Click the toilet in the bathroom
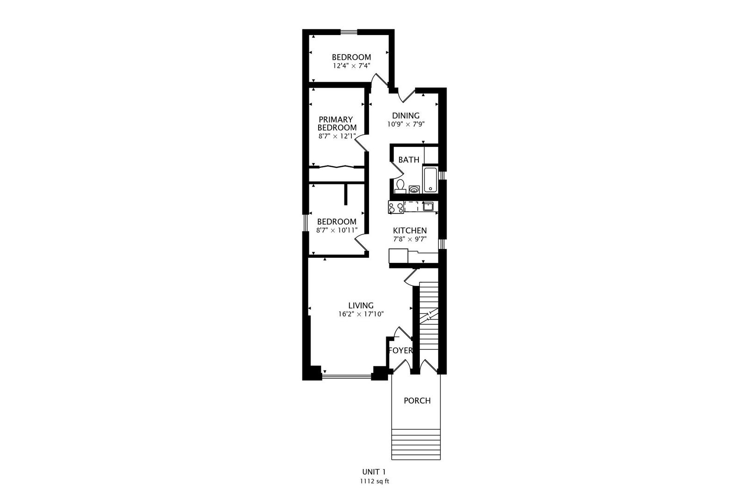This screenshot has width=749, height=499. click(x=400, y=187)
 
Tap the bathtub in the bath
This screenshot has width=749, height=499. click(x=430, y=180)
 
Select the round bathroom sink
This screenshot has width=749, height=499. click(x=414, y=189)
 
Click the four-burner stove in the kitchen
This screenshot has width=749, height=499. click(x=396, y=207)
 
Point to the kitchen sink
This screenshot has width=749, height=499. click(x=428, y=207)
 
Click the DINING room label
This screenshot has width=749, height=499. click(x=405, y=116)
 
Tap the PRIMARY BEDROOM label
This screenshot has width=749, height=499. click(x=337, y=123)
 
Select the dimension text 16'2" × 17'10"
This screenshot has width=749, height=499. click(x=361, y=314)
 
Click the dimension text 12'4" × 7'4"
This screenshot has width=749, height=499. click(x=351, y=66)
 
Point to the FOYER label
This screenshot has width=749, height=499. click(x=400, y=351)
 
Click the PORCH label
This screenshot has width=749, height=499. click(x=417, y=401)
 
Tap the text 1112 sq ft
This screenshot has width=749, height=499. click(x=374, y=481)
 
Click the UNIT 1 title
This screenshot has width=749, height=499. click(x=374, y=472)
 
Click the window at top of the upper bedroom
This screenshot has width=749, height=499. click(x=349, y=32)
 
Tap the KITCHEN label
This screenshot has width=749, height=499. click(x=410, y=231)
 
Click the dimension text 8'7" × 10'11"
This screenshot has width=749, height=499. click(x=337, y=230)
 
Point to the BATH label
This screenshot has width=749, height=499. click(x=409, y=160)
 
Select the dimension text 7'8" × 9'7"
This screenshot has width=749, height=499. click(x=410, y=239)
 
